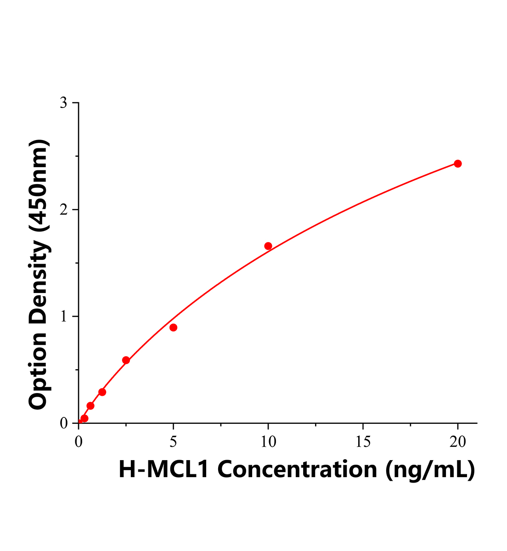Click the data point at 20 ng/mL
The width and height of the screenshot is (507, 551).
click(x=457, y=163)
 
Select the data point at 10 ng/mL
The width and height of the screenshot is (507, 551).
click(x=268, y=246)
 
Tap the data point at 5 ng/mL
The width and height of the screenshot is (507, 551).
click(x=173, y=327)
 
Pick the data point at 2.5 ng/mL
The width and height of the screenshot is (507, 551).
click(x=126, y=360)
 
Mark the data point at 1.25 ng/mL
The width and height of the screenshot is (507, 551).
click(x=102, y=392)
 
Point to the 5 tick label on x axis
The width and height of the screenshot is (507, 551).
click(x=173, y=442)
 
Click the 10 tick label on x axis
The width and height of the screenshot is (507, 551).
click(x=268, y=442)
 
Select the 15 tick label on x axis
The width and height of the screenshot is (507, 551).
click(x=363, y=442)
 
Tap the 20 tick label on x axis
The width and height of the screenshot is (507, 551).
click(x=457, y=442)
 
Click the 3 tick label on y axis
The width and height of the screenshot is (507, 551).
click(x=64, y=103)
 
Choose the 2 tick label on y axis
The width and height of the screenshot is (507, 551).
click(x=64, y=210)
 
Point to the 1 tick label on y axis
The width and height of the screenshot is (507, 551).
click(x=64, y=317)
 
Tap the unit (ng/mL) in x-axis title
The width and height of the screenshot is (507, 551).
click(x=430, y=469)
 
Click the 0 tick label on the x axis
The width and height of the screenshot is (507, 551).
click(x=79, y=442)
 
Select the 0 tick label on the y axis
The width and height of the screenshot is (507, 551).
click(x=64, y=423)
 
